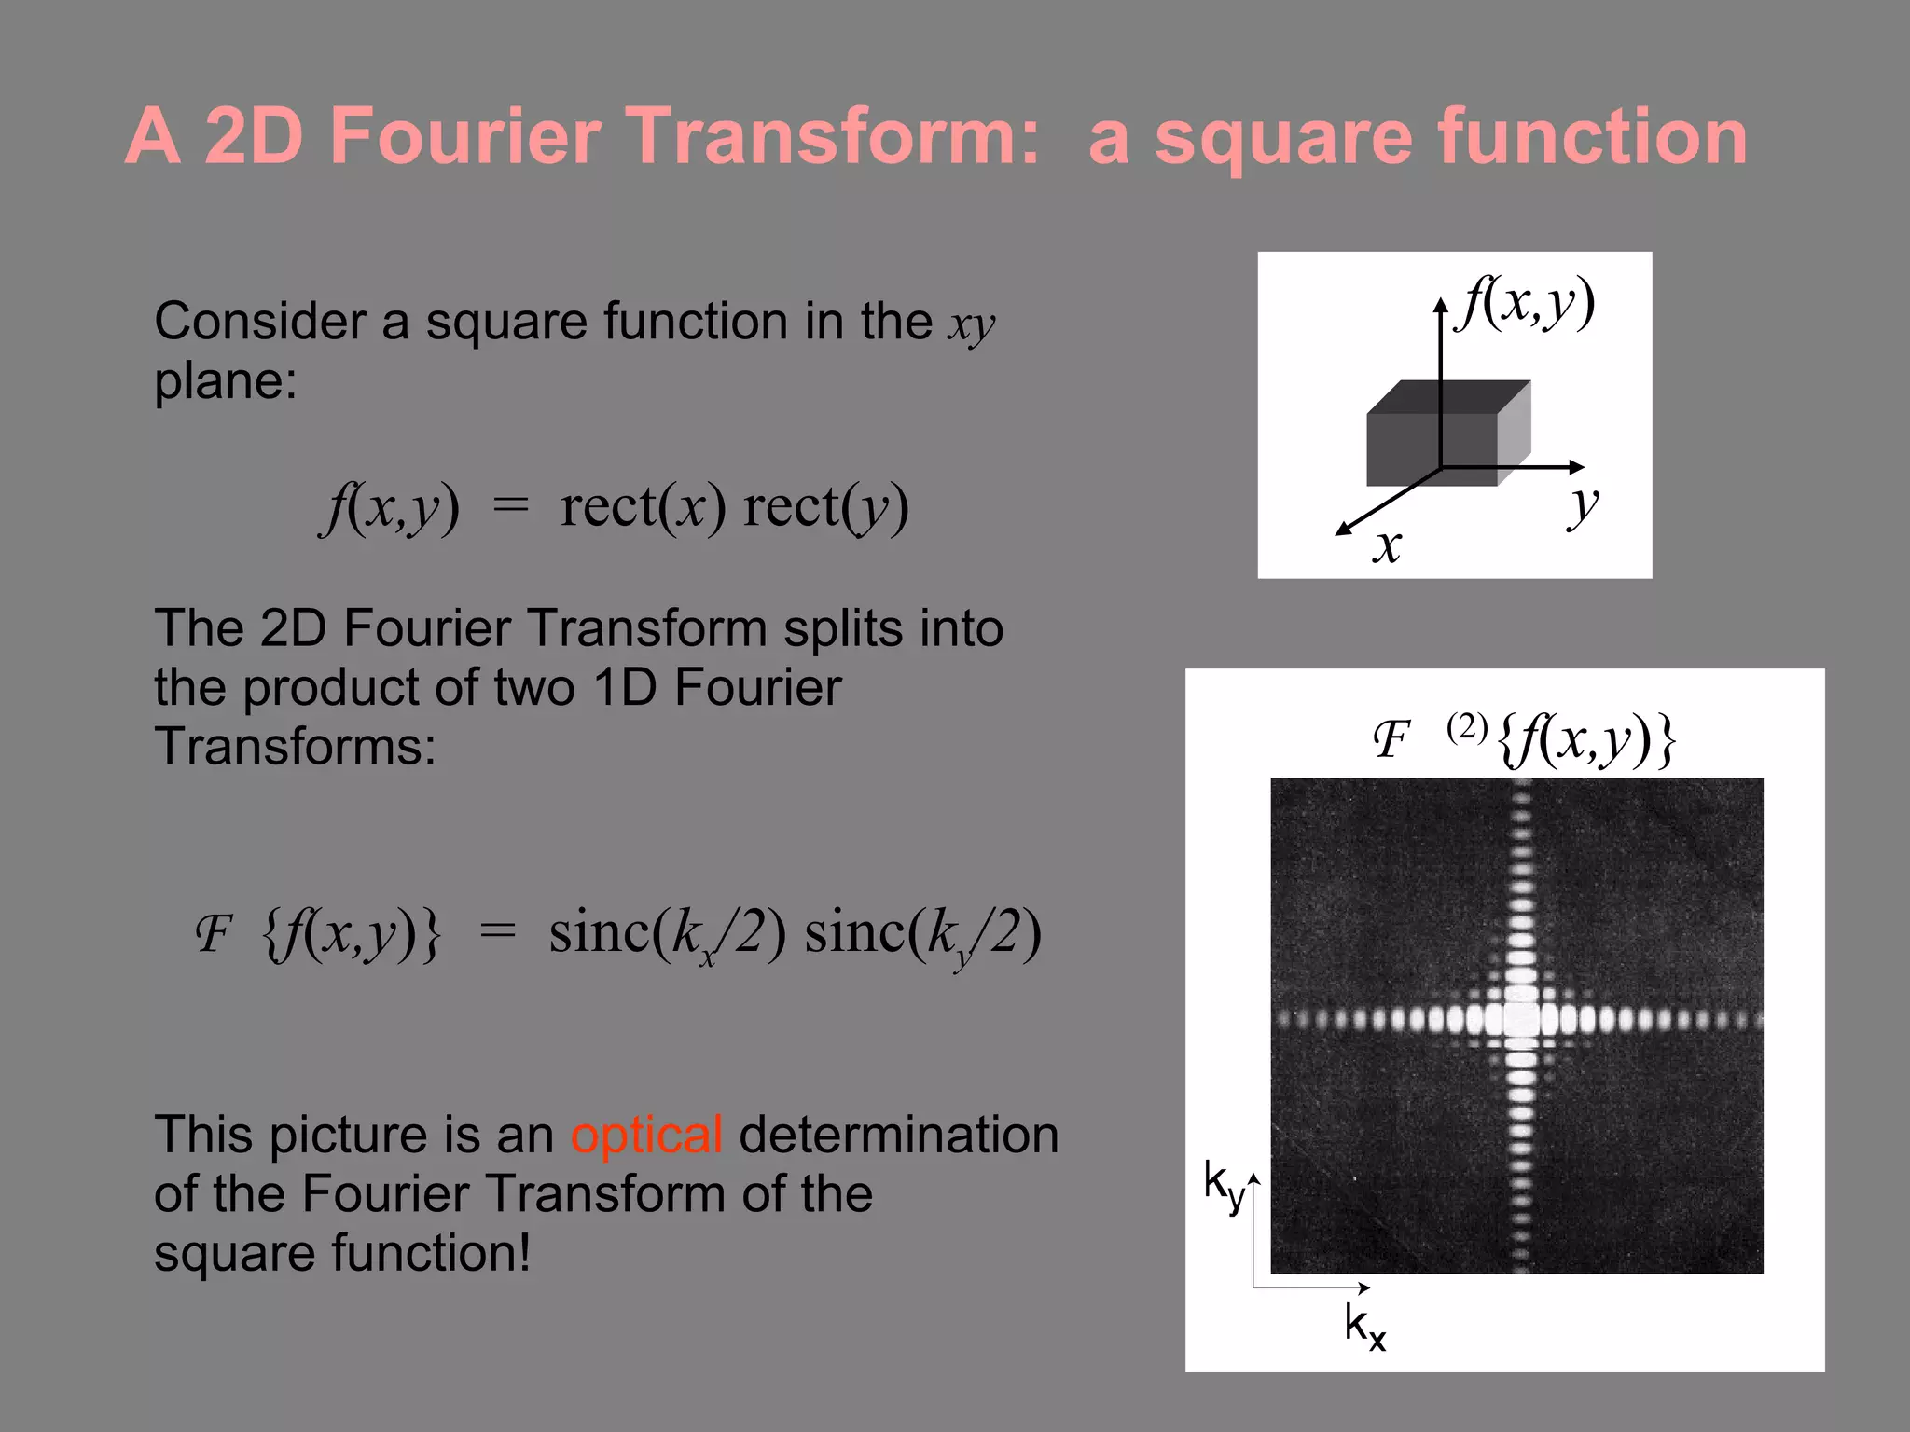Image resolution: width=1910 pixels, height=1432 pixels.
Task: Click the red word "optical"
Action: pyautogui.click(x=646, y=1135)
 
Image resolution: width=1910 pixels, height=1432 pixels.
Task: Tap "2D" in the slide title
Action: pyautogui.click(x=254, y=136)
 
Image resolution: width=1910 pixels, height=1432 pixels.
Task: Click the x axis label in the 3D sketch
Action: pyautogui.click(x=1387, y=544)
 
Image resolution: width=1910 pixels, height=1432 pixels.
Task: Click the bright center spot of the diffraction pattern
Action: pyautogui.click(x=1521, y=1018)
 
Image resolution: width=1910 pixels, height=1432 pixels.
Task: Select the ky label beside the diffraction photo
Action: pyautogui.click(x=1223, y=1185)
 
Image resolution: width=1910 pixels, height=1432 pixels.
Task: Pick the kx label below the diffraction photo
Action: pyautogui.click(x=1364, y=1325)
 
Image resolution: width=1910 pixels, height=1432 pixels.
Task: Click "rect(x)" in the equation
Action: pyautogui.click(x=643, y=507)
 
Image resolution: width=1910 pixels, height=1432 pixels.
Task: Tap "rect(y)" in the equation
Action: pyautogui.click(x=825, y=507)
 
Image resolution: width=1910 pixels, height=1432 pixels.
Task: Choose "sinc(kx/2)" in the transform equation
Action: pyautogui.click(x=667, y=933)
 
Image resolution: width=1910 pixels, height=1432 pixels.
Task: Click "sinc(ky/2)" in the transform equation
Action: pyautogui.click(x=922, y=933)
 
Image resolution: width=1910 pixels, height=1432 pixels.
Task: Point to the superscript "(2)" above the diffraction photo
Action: pyautogui.click(x=1467, y=726)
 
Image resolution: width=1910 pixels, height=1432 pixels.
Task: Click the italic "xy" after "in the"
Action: pyautogui.click(x=972, y=324)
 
